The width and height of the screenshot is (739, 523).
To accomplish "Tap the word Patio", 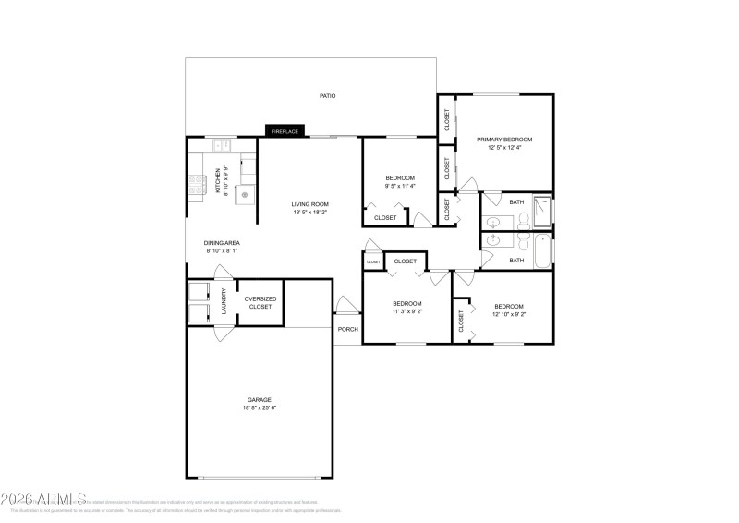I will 327,95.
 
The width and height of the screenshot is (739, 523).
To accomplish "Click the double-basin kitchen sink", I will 223,145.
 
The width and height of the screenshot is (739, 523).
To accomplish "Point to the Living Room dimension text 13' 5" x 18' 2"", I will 310,213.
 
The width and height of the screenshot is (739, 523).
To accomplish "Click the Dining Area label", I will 222,243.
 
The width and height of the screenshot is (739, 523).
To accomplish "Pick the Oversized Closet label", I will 259,302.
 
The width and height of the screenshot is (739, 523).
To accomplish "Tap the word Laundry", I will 224,301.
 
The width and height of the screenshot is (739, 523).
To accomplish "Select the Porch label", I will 348,329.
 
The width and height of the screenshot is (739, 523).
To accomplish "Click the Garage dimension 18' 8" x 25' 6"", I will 259,407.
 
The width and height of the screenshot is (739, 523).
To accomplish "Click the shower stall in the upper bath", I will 544,212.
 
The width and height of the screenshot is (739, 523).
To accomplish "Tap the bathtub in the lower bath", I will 542,249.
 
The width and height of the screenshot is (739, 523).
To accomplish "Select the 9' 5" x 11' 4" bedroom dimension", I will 400,186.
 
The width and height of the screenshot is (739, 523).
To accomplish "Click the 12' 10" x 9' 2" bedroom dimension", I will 508,314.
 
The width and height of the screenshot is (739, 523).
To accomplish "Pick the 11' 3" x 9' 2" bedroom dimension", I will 407,311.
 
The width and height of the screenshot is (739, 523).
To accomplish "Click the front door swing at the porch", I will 345,306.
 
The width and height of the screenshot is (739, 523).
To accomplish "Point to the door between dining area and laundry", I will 223,273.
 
